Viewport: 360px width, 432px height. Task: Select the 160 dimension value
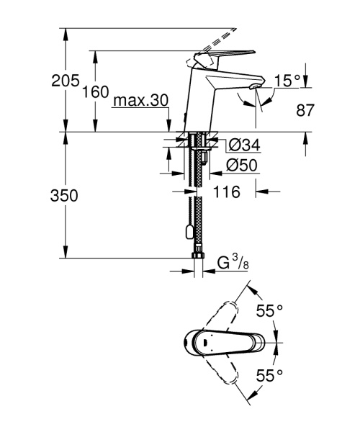(95, 92)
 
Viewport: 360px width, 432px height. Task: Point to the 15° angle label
(287, 81)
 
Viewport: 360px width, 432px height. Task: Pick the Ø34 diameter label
(242, 145)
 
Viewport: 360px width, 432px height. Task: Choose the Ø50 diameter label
(242, 165)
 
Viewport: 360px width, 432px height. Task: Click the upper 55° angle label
(270, 310)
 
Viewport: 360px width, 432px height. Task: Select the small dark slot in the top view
(204, 341)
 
